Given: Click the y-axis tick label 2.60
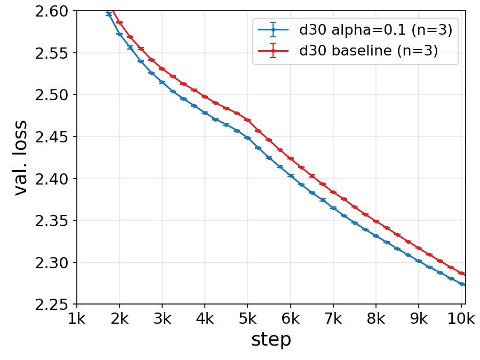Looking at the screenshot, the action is pyautogui.click(x=51, y=12).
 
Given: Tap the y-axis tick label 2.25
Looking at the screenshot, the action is pyautogui.click(x=51, y=305).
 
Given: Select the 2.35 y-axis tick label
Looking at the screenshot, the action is pyautogui.click(x=51, y=221).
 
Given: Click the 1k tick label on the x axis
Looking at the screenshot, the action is pyautogui.click(x=76, y=319).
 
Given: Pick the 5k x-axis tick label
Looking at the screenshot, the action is pyautogui.click(x=247, y=319).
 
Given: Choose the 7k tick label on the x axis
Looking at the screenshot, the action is pyautogui.click(x=333, y=319).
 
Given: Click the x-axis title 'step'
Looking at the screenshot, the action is pyautogui.click(x=271, y=340).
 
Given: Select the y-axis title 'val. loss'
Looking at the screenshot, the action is pyautogui.click(x=21, y=158).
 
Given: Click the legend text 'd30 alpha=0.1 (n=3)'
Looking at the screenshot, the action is pyautogui.click(x=375, y=30).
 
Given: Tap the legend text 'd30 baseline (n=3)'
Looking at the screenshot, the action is pyautogui.click(x=369, y=50).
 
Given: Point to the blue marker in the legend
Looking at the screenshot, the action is pyautogui.click(x=274, y=30).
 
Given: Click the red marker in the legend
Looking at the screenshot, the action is pyautogui.click(x=274, y=51).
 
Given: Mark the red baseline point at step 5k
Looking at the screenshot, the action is pyautogui.click(x=247, y=120).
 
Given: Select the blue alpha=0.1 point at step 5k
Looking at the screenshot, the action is pyautogui.click(x=247, y=138).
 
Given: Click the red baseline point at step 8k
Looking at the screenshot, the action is pyautogui.click(x=376, y=221).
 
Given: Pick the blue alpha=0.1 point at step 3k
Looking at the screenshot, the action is pyautogui.click(x=162, y=82).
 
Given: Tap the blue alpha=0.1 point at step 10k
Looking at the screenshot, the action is pyautogui.click(x=461, y=284).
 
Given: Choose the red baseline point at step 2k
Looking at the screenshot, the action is pyautogui.click(x=119, y=22).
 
